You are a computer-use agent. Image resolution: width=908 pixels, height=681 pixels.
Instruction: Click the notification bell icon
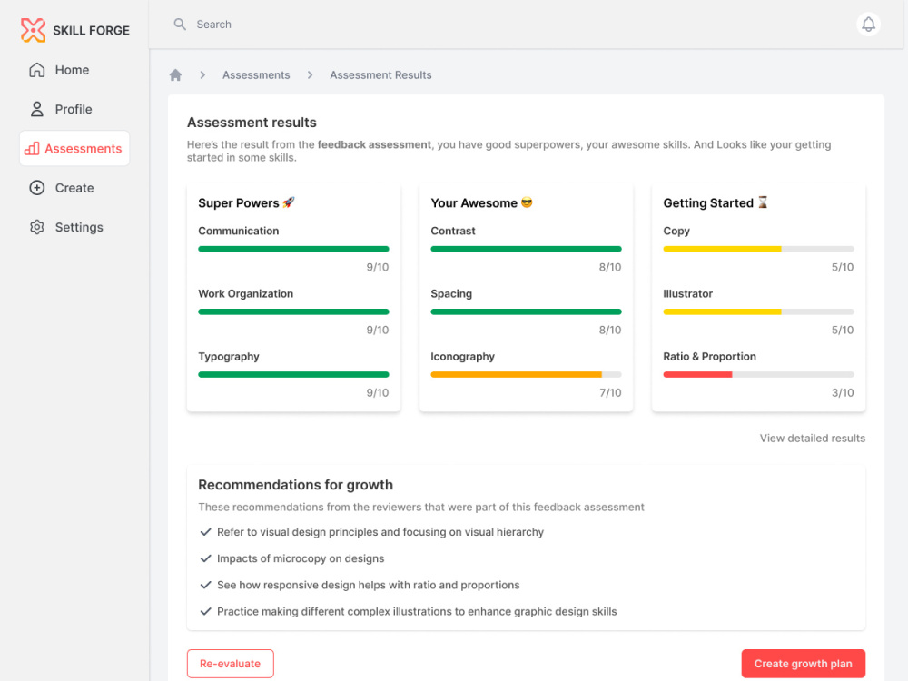868,25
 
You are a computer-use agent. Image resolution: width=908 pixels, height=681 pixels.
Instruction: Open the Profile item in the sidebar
74,109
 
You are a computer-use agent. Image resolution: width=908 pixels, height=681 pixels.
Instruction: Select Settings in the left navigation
79,227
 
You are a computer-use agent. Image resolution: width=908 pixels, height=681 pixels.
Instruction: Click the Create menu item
74,188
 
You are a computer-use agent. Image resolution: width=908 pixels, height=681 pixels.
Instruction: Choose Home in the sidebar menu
72,70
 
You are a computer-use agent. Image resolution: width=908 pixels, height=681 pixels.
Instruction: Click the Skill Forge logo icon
33,30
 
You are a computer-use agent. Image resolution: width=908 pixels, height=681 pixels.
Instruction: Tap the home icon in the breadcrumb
175,74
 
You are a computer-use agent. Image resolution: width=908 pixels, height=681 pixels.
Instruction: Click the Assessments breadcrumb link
256,74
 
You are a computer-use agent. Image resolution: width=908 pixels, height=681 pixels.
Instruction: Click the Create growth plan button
804,663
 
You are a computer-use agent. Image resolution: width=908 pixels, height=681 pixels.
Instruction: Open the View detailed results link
813,439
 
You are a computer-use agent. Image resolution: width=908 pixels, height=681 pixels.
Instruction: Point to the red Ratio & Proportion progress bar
697,375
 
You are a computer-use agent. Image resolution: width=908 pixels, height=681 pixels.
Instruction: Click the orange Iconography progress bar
516,375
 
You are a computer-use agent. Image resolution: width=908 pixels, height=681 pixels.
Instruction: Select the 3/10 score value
843,392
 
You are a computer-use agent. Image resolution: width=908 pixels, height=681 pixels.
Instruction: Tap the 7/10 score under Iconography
610,392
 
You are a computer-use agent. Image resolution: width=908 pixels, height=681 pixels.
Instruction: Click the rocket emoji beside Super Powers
289,202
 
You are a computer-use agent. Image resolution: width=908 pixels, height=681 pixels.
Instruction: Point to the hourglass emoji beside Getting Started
763,202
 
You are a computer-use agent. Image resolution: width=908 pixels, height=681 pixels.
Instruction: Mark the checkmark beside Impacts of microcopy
205,558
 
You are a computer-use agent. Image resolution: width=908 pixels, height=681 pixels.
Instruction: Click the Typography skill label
229,357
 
